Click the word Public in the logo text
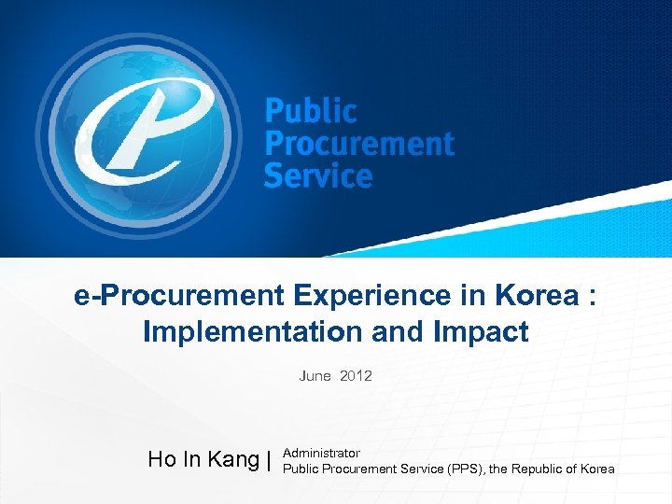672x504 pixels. (311, 113)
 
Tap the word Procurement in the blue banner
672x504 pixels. (359, 145)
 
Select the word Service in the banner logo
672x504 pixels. (318, 175)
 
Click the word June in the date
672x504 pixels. (315, 376)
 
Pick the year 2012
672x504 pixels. (356, 376)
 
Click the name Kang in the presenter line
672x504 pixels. (234, 459)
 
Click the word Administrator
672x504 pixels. (321, 453)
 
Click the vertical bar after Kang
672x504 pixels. (269, 459)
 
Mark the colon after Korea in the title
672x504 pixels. (592, 298)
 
